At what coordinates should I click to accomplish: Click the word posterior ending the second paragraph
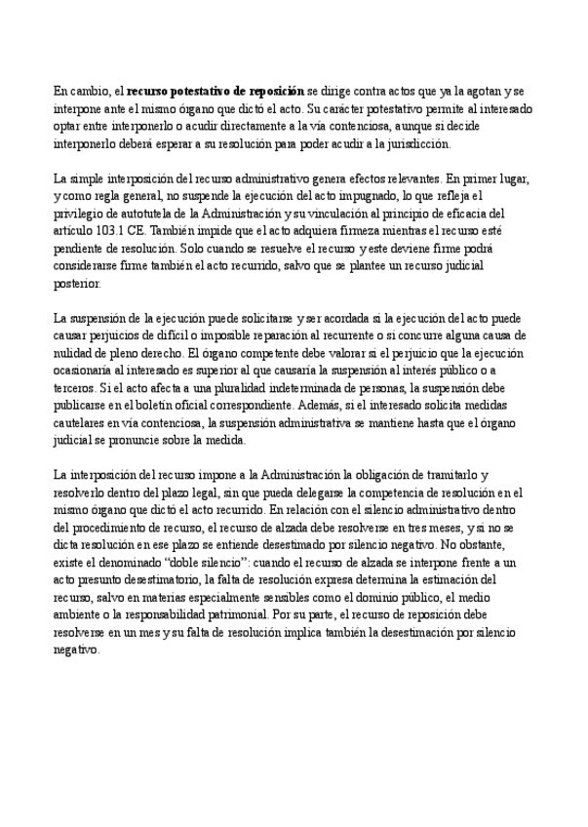click(x=75, y=284)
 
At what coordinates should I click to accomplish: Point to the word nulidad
click(x=75, y=354)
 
